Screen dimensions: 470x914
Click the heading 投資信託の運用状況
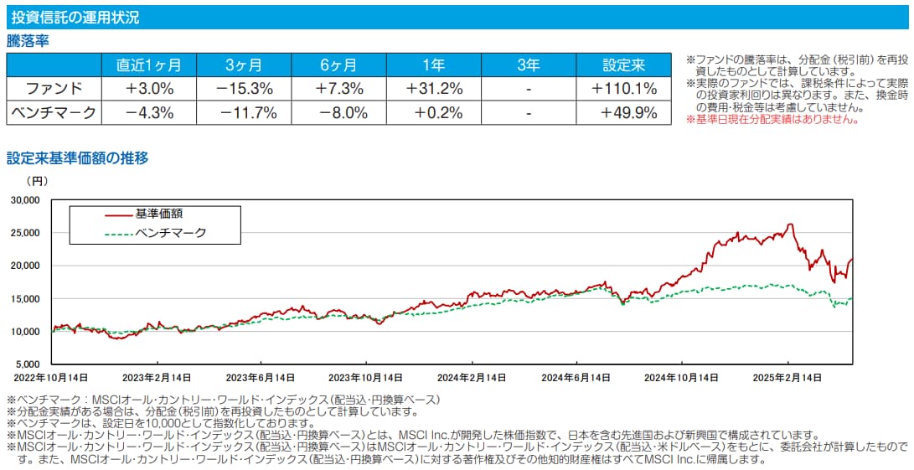click(x=75, y=17)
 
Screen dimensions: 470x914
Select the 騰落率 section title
click(x=29, y=41)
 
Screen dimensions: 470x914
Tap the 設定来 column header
click(x=625, y=65)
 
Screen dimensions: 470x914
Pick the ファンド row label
click(x=54, y=88)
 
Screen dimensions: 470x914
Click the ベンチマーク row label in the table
click(x=54, y=112)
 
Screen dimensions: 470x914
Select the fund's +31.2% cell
click(x=435, y=88)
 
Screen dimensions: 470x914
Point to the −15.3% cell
click(x=244, y=88)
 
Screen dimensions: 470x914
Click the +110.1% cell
click(x=624, y=88)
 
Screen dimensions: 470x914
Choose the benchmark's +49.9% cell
click(x=624, y=112)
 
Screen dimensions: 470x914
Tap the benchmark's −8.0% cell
click(x=339, y=112)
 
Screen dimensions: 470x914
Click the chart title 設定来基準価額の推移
click(x=77, y=158)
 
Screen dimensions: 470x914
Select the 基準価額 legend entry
click(x=159, y=214)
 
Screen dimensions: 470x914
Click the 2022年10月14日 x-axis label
click(x=52, y=378)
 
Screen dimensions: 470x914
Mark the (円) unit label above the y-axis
click(x=38, y=180)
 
